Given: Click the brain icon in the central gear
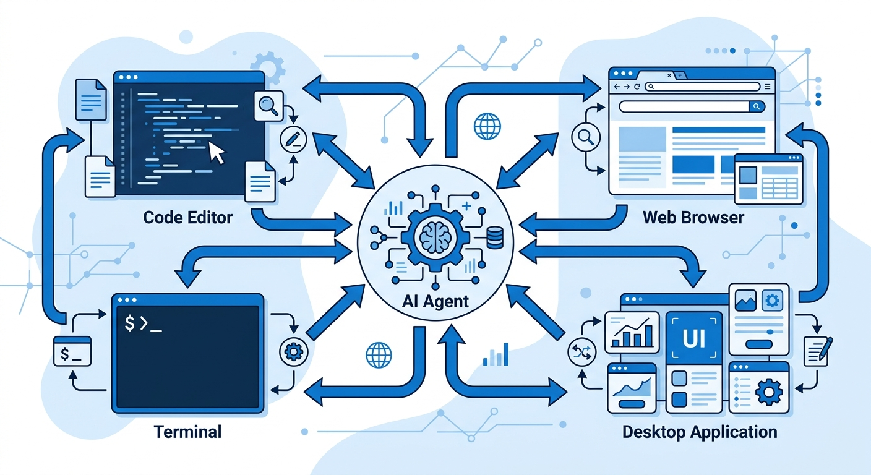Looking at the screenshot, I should coord(435,237).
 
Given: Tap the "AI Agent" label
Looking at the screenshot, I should coord(435,302).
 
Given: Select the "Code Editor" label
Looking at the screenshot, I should coord(188,218).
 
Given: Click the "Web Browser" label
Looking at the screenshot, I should coord(693,218).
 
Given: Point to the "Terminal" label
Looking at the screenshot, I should coord(187,430).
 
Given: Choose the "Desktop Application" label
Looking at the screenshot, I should coord(700,430).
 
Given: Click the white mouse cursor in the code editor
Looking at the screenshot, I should coord(217,152).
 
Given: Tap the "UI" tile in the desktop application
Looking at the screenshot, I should coord(693,336).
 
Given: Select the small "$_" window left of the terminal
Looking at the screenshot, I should coord(72,351).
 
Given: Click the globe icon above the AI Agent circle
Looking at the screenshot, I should coord(487,125).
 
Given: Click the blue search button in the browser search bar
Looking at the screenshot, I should coord(757,106).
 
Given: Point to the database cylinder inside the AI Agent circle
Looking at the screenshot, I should coord(495,237).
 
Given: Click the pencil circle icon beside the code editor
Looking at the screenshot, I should coord(293,138).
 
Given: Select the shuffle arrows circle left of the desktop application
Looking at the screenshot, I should coord(580,353).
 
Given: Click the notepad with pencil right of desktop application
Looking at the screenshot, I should coord(818,350).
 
